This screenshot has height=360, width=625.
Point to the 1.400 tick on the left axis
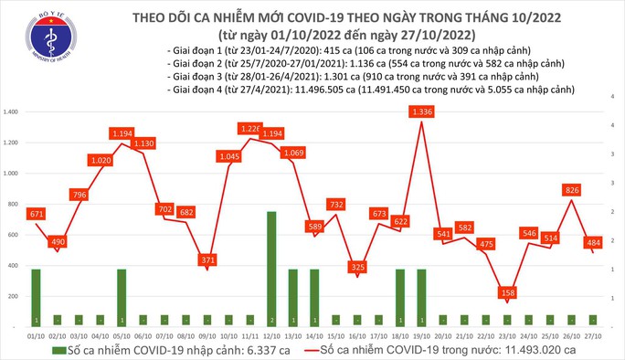(x=12, y=111)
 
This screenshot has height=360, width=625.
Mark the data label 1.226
(x=249, y=129)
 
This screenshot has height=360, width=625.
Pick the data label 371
(x=210, y=260)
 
